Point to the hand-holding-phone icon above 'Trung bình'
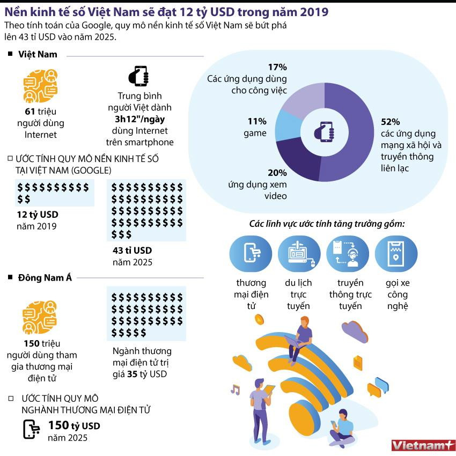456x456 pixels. click(x=139, y=76)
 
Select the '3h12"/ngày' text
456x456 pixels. click(x=139, y=119)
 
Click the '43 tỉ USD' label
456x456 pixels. click(x=132, y=251)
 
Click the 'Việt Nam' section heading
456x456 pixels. click(x=38, y=54)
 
